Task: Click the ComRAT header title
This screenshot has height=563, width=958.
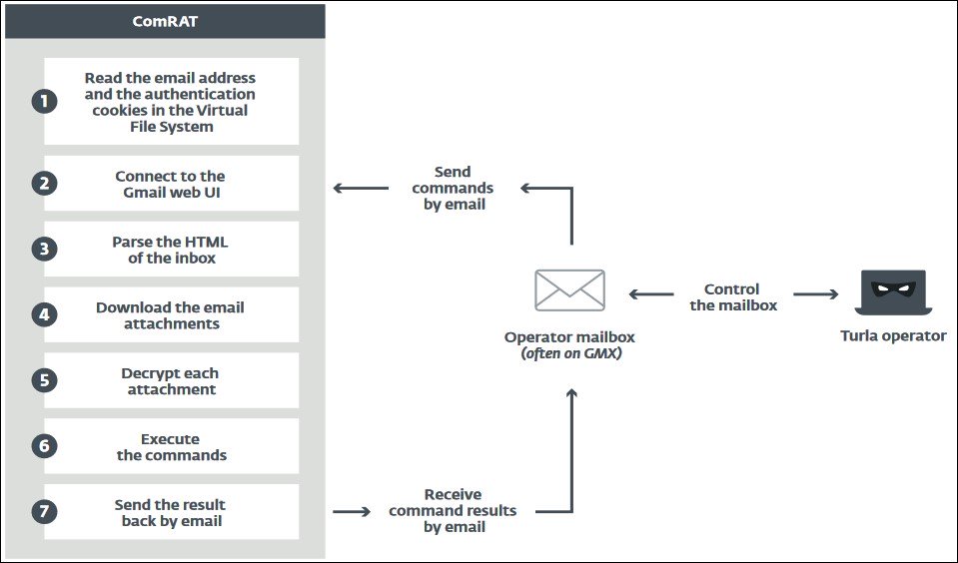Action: (x=165, y=20)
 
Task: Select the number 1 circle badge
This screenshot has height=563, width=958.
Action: (x=44, y=101)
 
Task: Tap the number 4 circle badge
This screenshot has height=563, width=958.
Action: (x=44, y=315)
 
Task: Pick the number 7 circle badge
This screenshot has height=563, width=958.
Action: (x=44, y=512)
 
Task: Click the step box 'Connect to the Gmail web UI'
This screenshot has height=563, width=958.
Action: (x=171, y=184)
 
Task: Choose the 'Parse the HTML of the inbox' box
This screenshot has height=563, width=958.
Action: (x=171, y=250)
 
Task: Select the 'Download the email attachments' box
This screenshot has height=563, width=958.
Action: (x=171, y=315)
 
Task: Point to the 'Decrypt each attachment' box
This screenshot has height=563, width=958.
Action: (x=171, y=381)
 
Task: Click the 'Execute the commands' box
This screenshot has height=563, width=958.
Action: (x=171, y=446)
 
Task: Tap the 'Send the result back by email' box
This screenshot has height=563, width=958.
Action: (x=171, y=512)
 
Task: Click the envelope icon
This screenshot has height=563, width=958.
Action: (x=569, y=290)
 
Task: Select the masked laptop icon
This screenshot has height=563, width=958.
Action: (x=892, y=292)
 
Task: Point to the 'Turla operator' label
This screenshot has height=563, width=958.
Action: (x=892, y=336)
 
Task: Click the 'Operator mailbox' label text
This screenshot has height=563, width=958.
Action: (x=569, y=337)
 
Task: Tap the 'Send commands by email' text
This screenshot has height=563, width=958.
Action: (x=453, y=188)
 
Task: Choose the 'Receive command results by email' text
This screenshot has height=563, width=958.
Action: (x=453, y=510)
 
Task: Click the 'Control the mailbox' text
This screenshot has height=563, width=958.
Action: (x=732, y=296)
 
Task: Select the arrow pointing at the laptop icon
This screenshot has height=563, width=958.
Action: (x=815, y=294)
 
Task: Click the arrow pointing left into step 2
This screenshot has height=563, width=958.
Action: (x=361, y=188)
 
